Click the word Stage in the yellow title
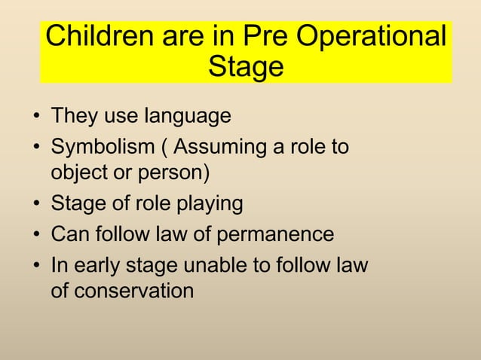[246, 67]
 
